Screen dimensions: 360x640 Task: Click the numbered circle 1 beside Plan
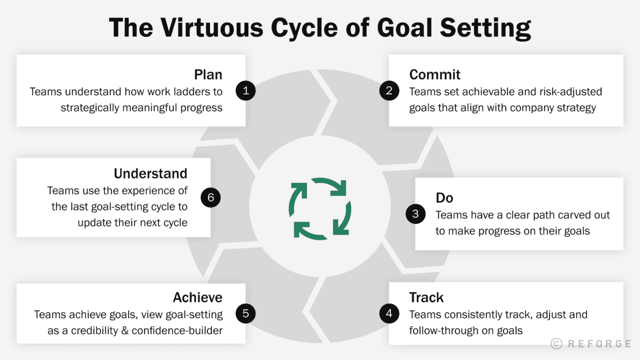pyautogui.click(x=246, y=91)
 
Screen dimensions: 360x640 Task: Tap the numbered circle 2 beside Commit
pyautogui.click(x=389, y=91)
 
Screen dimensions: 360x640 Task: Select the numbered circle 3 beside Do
pyautogui.click(x=416, y=214)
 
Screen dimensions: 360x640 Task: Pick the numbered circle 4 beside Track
pyautogui.click(x=389, y=314)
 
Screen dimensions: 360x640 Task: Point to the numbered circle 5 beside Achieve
pyautogui.click(x=246, y=314)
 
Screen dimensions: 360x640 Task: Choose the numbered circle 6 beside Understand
pyautogui.click(x=211, y=198)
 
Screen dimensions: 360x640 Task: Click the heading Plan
pyautogui.click(x=208, y=75)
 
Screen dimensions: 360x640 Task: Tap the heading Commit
pyautogui.click(x=435, y=75)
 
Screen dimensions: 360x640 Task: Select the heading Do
pyautogui.click(x=444, y=198)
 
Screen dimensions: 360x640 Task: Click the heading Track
pyautogui.click(x=426, y=297)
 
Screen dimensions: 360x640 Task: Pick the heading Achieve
pyautogui.click(x=198, y=297)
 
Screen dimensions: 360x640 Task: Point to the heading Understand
pyautogui.click(x=151, y=174)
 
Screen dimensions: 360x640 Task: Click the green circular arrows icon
pyautogui.click(x=320, y=209)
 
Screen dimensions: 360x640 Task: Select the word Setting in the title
pyautogui.click(x=485, y=29)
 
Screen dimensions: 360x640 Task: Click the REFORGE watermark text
pyautogui.click(x=599, y=344)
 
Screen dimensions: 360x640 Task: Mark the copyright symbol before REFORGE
pyautogui.click(x=556, y=344)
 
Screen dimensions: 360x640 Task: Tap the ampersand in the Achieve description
pyautogui.click(x=125, y=331)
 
